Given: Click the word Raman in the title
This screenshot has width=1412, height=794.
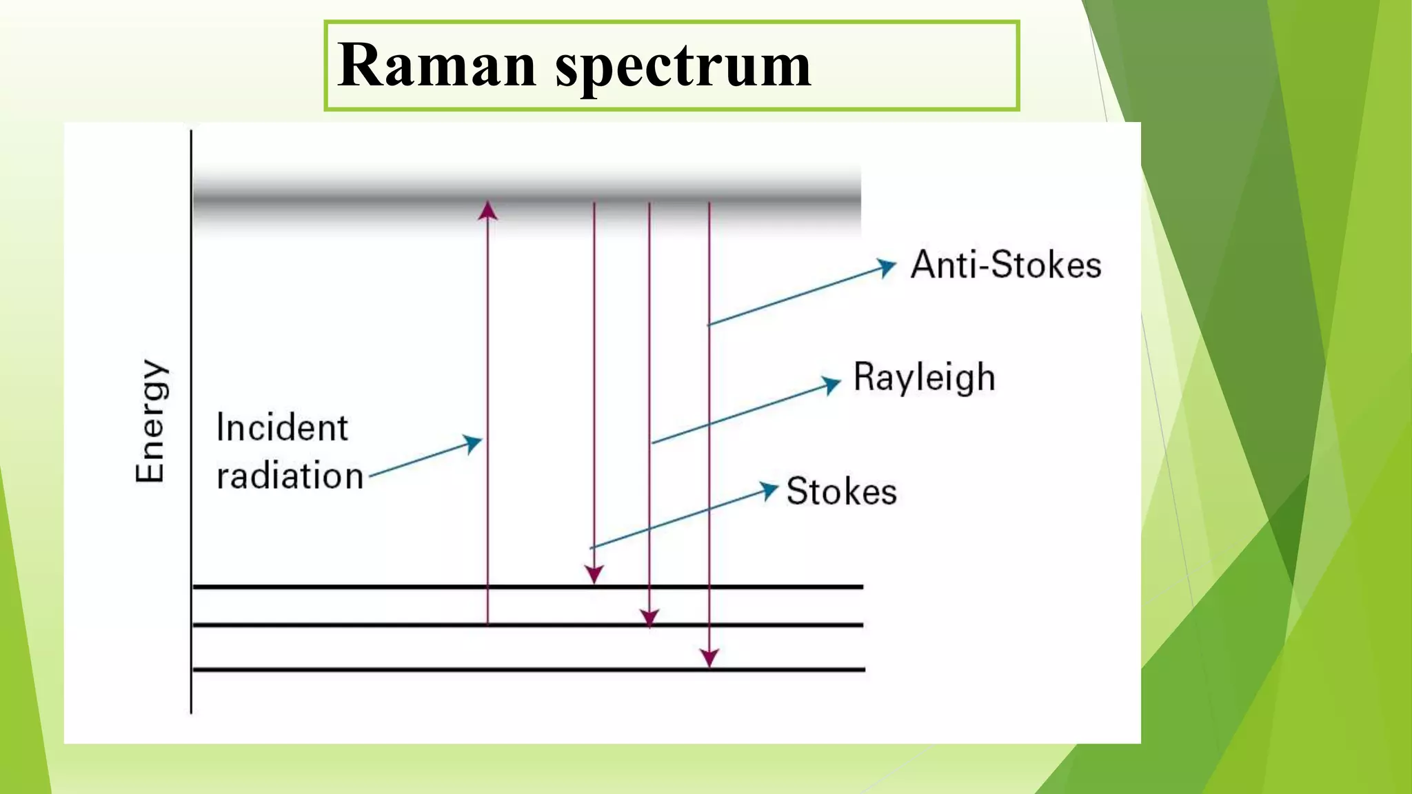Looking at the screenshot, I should pyautogui.click(x=436, y=65).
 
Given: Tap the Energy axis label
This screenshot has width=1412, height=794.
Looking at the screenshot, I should pyautogui.click(x=151, y=421).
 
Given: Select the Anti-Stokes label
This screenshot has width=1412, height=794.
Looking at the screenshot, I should pyautogui.click(x=1005, y=265).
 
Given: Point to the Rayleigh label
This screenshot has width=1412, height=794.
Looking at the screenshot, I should pyautogui.click(x=924, y=378).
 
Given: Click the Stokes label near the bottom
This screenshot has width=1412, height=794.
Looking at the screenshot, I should pyautogui.click(x=841, y=491).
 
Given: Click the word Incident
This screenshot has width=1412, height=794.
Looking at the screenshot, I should pyautogui.click(x=282, y=427).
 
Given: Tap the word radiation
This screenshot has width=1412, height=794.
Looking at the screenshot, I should pyautogui.click(x=290, y=476).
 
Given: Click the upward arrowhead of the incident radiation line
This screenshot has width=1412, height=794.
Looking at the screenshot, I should pyautogui.click(x=488, y=210).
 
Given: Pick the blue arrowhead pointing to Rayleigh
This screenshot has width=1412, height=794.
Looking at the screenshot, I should pyautogui.click(x=831, y=384).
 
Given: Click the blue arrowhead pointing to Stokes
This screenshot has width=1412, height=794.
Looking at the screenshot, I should pyautogui.click(x=769, y=490).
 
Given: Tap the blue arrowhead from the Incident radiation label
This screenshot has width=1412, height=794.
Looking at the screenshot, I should pyautogui.click(x=472, y=442).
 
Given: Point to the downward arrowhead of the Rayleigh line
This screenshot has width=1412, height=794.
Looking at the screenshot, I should pyautogui.click(x=649, y=618).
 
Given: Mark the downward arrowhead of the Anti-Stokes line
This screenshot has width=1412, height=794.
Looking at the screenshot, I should pyautogui.click(x=709, y=658).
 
